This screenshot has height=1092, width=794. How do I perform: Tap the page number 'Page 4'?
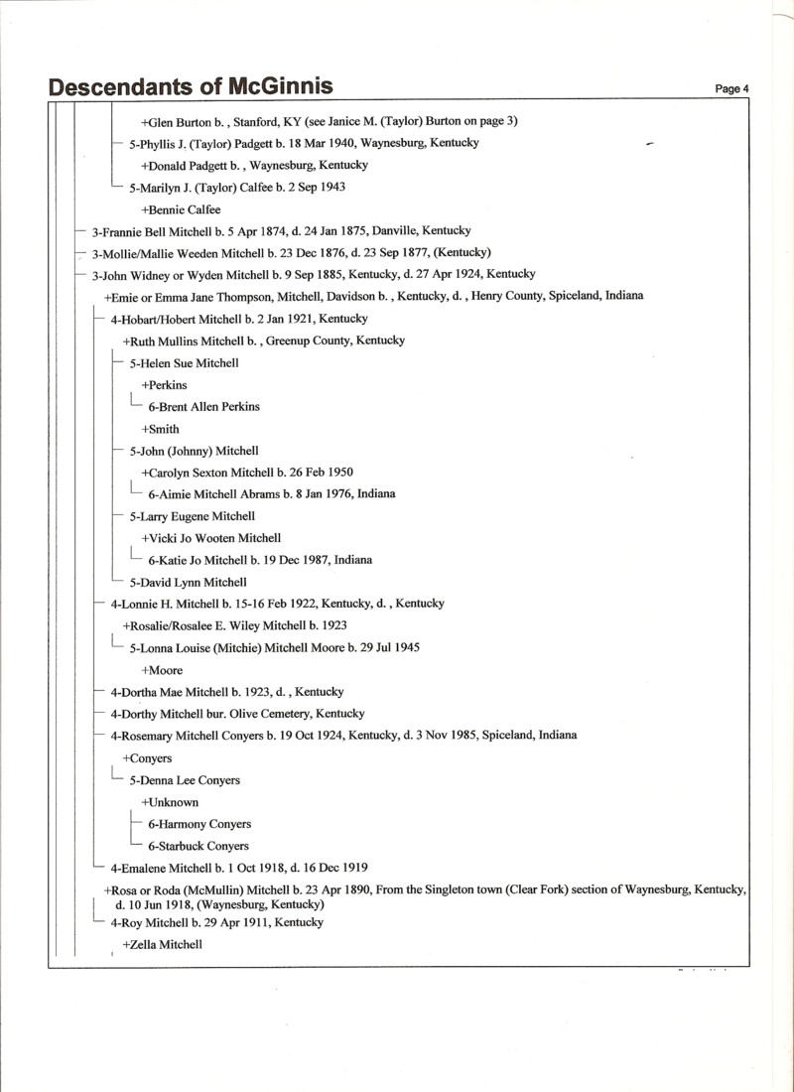(x=731, y=89)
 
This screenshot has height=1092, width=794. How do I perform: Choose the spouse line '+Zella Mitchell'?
(x=162, y=944)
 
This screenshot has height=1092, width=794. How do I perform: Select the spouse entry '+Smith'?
(x=160, y=429)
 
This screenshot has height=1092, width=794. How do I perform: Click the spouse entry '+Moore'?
(x=162, y=670)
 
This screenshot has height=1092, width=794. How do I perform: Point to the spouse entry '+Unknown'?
(x=170, y=802)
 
